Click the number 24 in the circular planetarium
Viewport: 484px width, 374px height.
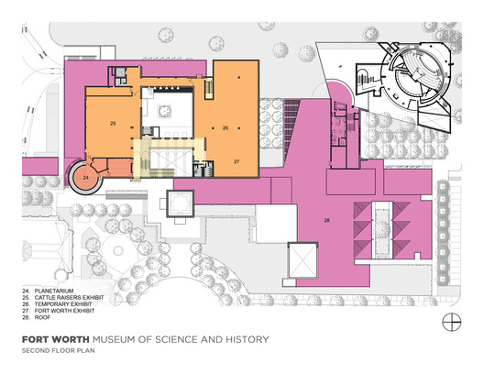[85, 176]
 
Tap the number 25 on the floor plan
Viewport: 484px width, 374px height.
[113, 122]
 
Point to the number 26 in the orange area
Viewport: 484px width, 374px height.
[225, 128]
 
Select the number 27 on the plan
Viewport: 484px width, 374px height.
[236, 162]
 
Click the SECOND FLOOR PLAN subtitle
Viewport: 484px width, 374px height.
[57, 348]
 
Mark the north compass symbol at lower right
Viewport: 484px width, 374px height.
[449, 320]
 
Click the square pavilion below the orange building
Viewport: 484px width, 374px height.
[180, 203]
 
